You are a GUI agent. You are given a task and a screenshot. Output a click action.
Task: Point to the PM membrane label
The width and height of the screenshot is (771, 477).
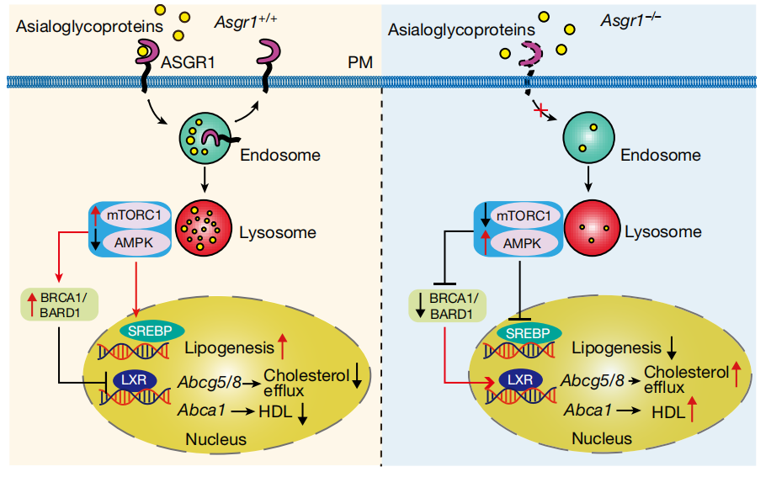360,64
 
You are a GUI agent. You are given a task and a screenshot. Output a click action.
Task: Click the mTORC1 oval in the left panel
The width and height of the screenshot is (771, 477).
136,216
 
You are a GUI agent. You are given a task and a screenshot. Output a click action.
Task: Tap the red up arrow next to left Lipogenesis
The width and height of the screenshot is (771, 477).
283,345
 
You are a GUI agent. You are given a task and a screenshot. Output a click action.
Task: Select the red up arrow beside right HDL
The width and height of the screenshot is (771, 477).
692,411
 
